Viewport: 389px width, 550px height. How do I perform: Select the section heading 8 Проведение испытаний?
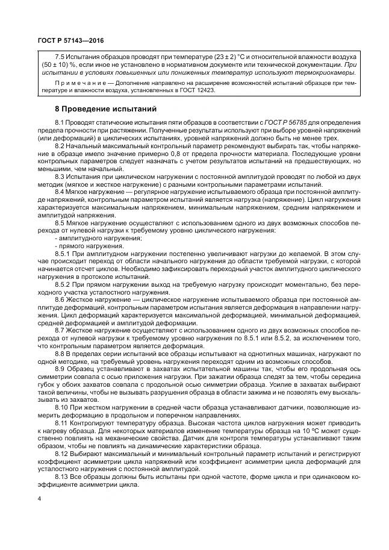[x=98, y=109]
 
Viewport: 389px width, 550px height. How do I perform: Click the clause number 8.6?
[x=60, y=300]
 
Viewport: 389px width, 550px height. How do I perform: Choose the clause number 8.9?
[x=60, y=368]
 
